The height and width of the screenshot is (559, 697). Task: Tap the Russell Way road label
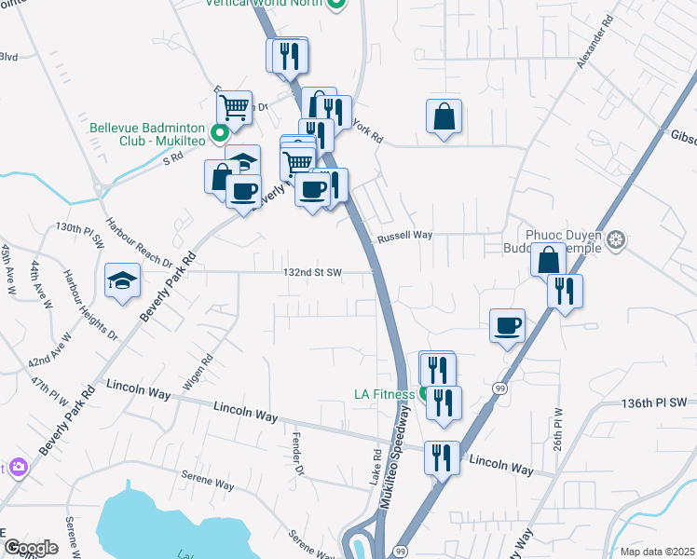(x=404, y=237)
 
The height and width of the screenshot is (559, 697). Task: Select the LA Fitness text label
(x=384, y=394)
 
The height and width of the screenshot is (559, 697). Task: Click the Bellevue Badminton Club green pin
(x=219, y=133)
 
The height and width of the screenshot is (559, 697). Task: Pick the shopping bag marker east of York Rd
(x=444, y=117)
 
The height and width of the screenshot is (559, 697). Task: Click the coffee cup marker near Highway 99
(x=507, y=326)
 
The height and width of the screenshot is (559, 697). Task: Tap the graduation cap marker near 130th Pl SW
(x=122, y=280)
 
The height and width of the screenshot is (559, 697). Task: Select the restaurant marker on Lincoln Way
(x=443, y=457)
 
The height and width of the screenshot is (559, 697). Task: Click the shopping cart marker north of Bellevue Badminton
(x=234, y=108)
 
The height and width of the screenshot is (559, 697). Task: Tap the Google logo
(x=31, y=548)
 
